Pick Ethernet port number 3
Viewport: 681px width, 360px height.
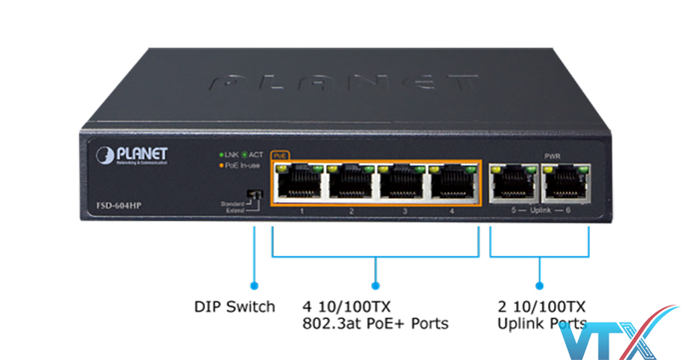[x=402, y=182]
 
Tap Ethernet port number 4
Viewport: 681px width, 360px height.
[x=454, y=182]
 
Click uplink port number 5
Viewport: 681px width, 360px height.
[x=512, y=181]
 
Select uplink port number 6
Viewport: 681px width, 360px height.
[x=564, y=181]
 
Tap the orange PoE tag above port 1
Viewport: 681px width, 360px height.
[x=280, y=156]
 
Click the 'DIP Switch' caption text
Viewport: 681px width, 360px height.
[x=234, y=306]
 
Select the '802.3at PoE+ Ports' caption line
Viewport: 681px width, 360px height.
[x=375, y=323]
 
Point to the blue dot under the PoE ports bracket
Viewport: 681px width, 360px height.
[x=375, y=286]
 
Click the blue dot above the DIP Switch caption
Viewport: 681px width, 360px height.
[x=253, y=286]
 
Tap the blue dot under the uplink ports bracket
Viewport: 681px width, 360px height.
[x=540, y=286]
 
